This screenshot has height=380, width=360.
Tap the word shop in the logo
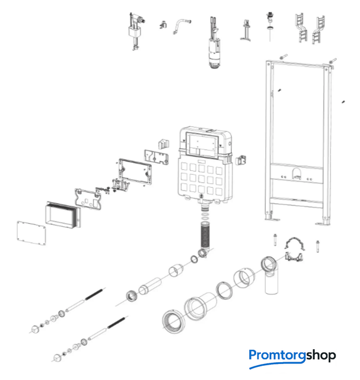tap(321, 356)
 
